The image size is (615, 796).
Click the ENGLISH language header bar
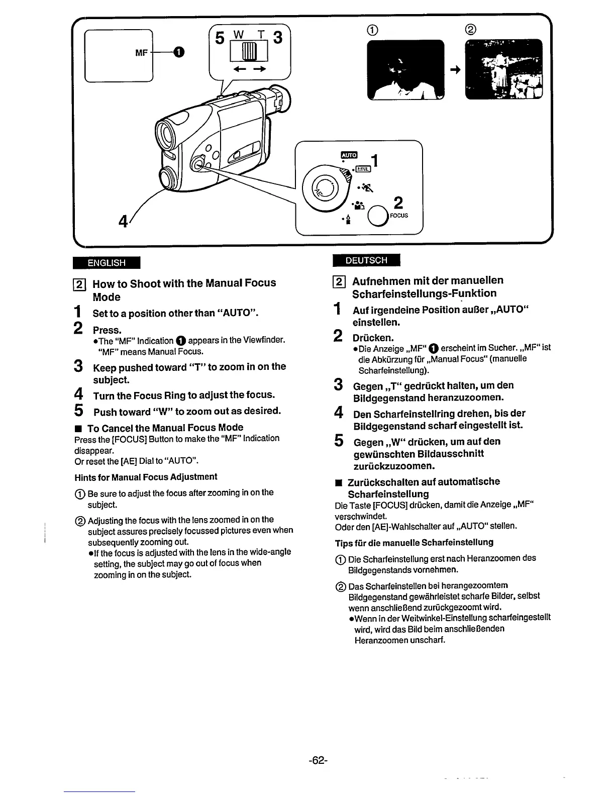point(106,262)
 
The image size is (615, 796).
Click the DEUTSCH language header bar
point(366,260)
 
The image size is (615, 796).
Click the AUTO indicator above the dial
point(349,155)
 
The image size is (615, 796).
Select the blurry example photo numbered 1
point(405,70)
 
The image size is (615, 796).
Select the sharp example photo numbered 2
point(504,70)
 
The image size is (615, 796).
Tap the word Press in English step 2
point(107,330)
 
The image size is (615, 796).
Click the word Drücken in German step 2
point(373,337)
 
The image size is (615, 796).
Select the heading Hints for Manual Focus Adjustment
point(146,477)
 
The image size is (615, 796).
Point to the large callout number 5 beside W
point(219,38)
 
